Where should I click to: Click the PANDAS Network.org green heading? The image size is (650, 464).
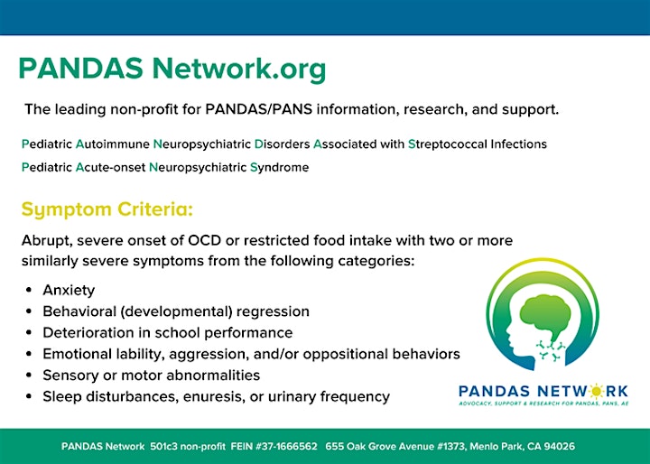(x=172, y=69)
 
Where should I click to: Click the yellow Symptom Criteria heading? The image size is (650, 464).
(x=107, y=209)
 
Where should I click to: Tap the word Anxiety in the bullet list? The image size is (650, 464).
(x=69, y=291)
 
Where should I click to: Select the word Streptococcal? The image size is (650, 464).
(x=448, y=144)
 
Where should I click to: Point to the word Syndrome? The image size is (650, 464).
(x=279, y=168)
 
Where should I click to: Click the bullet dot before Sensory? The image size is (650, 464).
(x=29, y=376)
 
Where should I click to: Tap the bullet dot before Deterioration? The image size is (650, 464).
(x=29, y=332)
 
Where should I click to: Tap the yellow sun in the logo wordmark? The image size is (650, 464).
(x=596, y=391)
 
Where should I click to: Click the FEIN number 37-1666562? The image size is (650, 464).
(x=286, y=447)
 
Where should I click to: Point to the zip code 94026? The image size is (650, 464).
(x=559, y=447)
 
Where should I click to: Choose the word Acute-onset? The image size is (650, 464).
(x=110, y=168)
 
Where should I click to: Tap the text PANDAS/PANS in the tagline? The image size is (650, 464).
(x=259, y=109)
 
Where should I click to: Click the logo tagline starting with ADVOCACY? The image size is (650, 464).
(x=543, y=404)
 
